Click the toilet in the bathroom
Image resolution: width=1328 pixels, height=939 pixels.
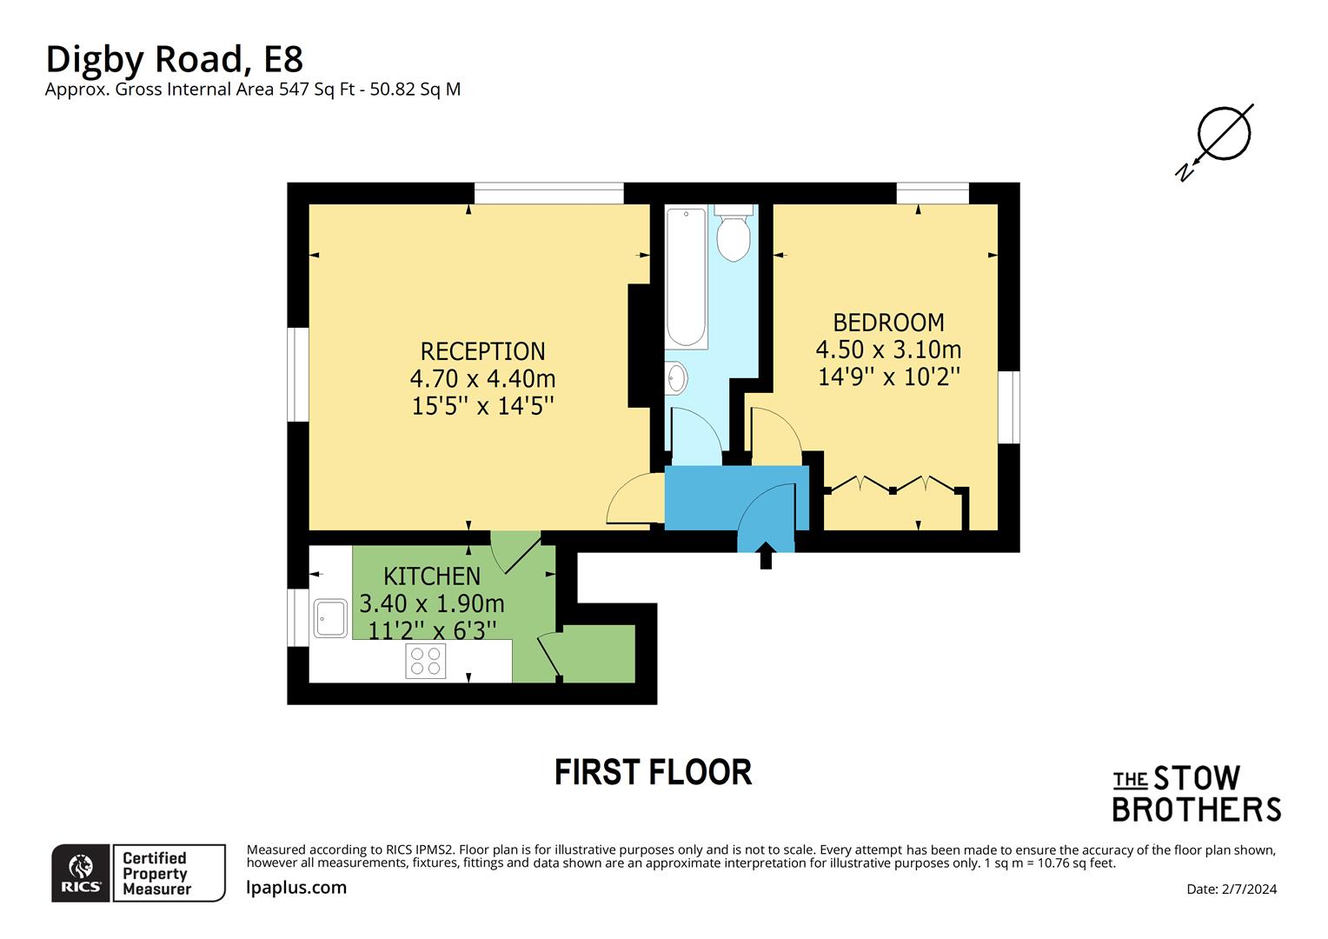pos(734,235)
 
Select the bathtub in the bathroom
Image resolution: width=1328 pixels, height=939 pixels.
pos(686,277)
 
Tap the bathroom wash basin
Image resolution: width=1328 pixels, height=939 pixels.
pos(677,378)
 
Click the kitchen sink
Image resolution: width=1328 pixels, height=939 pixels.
pos(331,618)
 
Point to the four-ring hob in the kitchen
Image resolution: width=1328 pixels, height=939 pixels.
pos(426,662)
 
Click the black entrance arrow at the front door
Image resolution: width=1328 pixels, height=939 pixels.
pos(766,556)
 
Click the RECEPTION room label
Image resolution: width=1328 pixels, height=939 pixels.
pos(482,351)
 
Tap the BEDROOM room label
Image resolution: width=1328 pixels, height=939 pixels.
pos(888,323)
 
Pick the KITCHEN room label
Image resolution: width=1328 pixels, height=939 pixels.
pos(432,576)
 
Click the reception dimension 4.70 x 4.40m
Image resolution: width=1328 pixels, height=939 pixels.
pos(482,379)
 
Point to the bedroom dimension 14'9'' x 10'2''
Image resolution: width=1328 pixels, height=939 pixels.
pos(888,376)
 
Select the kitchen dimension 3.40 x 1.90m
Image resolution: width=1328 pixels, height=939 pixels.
pos(432,603)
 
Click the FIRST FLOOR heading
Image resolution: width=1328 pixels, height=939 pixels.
pos(653,772)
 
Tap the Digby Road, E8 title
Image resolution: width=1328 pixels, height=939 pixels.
pos(174,59)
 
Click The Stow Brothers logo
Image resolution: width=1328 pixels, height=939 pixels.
pos(1196,794)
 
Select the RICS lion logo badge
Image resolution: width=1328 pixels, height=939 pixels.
pos(81,873)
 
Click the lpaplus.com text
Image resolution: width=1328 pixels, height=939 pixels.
pos(296,888)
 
